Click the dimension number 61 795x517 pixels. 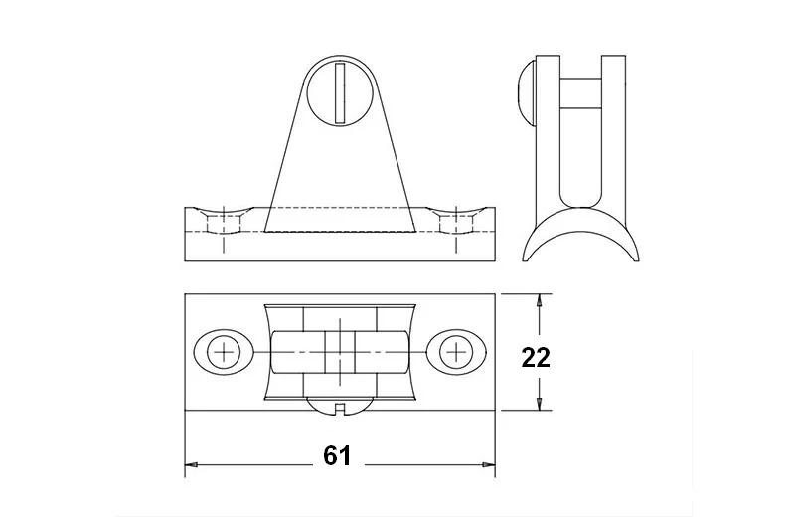point(337,456)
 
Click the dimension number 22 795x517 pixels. point(536,358)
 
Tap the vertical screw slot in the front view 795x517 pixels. point(340,92)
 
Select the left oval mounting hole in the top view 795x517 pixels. point(224,352)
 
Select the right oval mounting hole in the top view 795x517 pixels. point(456,352)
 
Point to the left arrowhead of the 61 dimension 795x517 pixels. point(191,464)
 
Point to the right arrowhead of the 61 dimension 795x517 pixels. point(488,464)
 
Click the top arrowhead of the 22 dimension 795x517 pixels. point(539,300)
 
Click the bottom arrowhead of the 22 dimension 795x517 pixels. point(539,404)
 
